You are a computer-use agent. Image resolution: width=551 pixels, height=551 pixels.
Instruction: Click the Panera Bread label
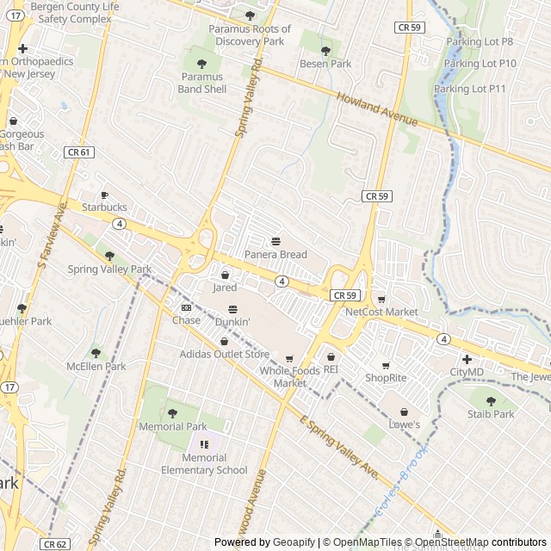coord(275,255)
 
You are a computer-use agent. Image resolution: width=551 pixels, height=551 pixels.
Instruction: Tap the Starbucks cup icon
coord(104,195)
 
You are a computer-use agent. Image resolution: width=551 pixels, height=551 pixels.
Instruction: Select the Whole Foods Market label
coord(289,376)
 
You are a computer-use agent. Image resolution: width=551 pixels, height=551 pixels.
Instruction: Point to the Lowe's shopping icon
coord(404,412)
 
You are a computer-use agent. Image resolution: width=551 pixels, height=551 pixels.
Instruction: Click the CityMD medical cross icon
coord(467,359)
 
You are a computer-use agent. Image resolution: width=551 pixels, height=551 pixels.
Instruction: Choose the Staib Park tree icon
coord(491,401)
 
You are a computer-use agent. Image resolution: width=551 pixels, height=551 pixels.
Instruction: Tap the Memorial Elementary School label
coord(204,464)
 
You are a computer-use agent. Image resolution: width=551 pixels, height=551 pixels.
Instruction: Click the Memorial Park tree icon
coord(172,413)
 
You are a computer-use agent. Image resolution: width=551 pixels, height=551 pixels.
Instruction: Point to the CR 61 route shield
coord(78,152)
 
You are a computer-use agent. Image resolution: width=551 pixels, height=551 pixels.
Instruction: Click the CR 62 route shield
coord(54,544)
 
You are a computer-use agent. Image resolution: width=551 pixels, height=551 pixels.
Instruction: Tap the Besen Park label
coord(325,64)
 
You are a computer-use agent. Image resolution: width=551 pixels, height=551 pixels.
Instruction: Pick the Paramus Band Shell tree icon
coord(201,64)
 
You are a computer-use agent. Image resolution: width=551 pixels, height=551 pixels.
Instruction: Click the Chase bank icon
coord(186,308)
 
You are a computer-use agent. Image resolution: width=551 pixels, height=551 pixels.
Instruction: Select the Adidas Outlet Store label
coord(225,354)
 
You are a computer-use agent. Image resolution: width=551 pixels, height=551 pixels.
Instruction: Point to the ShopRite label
coord(385,378)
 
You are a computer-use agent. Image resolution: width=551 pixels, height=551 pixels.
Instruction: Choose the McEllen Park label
coord(96,366)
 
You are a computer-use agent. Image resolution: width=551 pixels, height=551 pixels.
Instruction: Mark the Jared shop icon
coord(225,275)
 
